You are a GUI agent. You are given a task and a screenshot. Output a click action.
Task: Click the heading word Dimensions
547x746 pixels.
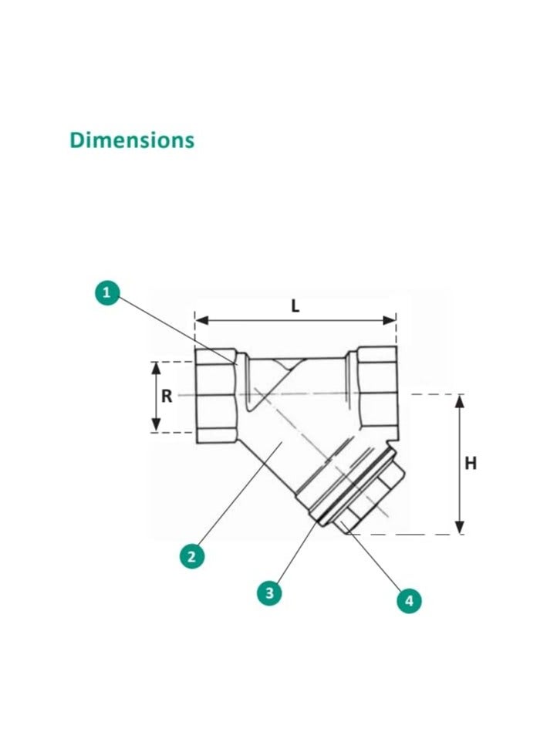(x=132, y=140)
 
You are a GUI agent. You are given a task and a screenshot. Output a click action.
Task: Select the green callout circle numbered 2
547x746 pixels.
(x=192, y=555)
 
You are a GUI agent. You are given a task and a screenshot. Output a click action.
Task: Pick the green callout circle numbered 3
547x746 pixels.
(x=268, y=592)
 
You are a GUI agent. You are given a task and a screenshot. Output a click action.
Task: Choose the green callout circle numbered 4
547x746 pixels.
(x=409, y=599)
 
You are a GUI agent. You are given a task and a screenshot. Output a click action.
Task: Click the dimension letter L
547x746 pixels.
(x=295, y=305)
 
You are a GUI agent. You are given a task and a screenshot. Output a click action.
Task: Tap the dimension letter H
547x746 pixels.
(x=470, y=464)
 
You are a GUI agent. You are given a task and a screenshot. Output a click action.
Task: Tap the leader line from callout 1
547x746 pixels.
(x=174, y=327)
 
